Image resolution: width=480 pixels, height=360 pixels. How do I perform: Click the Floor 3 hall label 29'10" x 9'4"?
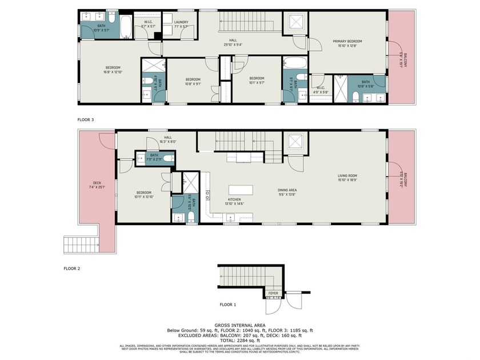[x=233, y=42]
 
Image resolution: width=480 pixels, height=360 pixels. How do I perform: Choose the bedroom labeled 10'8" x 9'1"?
[x=193, y=81]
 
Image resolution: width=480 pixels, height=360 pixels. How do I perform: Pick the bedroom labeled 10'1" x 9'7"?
[x=257, y=80]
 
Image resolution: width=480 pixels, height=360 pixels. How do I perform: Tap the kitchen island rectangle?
[x=241, y=189]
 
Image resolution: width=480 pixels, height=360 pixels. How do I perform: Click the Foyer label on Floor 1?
[x=274, y=293]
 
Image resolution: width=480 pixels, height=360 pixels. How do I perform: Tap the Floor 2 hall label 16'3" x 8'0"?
[x=168, y=139]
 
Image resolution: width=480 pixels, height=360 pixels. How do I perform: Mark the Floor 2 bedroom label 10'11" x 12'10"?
[x=143, y=194]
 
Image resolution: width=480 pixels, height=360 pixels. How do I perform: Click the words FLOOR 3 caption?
[x=85, y=120]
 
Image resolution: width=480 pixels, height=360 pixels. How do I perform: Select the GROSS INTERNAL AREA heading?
[x=239, y=325]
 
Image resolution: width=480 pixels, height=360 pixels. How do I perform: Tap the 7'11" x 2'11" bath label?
[x=154, y=157]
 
